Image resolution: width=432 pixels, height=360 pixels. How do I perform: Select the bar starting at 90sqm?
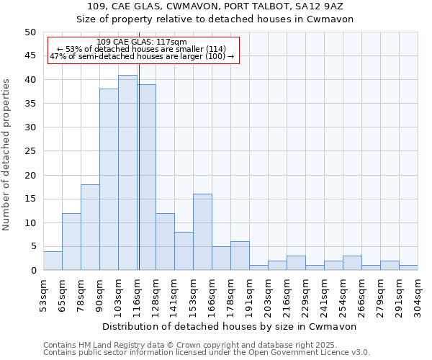109,180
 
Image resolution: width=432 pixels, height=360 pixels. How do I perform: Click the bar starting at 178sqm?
240,256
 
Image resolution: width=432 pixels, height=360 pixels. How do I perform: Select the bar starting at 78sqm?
90,228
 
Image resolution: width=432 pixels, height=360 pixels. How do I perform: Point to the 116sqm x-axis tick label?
138,295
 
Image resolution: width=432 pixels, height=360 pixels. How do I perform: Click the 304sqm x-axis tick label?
418,295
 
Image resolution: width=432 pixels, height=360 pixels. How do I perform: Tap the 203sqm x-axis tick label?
269,295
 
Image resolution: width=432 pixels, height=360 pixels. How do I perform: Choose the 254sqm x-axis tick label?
343,295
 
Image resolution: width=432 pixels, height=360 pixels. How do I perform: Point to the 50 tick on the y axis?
30,32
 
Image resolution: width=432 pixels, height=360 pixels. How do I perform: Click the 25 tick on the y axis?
30,151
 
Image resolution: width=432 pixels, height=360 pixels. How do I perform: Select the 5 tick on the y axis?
32,247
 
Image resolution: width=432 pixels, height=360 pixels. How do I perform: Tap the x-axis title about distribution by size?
215,326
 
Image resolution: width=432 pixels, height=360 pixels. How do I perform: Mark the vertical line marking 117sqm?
139,180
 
